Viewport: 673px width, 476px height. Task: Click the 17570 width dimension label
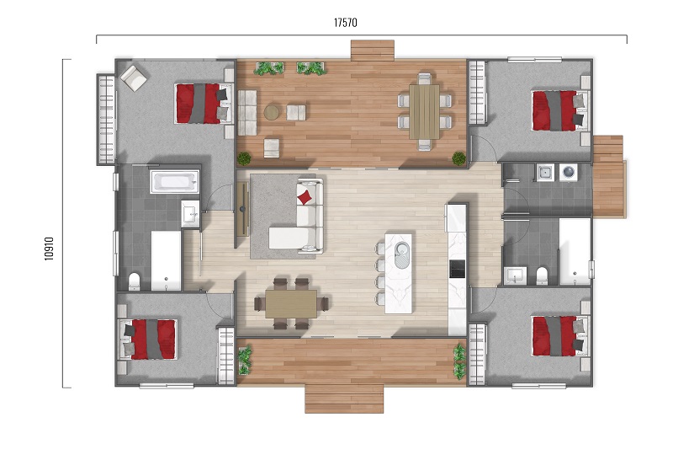point(346,23)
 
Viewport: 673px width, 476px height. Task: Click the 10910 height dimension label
point(49,249)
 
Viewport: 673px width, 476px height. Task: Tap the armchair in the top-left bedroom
point(134,78)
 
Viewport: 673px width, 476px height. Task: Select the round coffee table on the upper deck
point(271,113)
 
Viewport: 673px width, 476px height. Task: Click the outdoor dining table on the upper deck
point(424,111)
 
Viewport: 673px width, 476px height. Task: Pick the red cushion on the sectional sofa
point(305,197)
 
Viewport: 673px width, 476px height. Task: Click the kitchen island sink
point(403,254)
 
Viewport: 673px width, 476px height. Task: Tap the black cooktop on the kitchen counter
point(457,269)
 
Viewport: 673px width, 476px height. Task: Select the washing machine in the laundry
point(569,173)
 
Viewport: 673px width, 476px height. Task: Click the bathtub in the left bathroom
point(175,181)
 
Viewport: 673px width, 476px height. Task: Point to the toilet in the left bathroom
point(135,281)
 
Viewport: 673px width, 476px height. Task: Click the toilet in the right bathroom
point(542,275)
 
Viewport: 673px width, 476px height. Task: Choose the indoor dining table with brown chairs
point(291,304)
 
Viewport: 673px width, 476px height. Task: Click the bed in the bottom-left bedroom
point(148,340)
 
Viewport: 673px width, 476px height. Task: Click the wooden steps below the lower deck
point(344,399)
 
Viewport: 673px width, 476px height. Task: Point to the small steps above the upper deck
point(373,51)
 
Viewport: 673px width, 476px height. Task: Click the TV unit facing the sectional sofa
point(242,209)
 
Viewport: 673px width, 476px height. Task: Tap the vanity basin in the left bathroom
point(190,213)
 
